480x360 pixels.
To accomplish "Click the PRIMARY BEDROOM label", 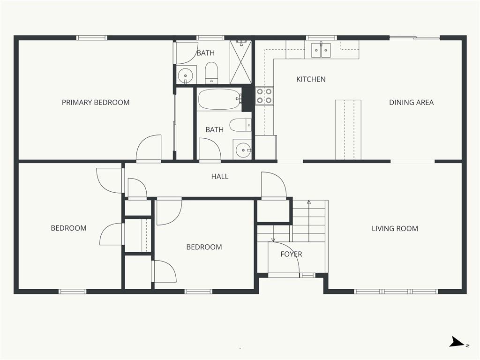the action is (x=96, y=102).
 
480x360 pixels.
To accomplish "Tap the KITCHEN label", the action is (x=311, y=79).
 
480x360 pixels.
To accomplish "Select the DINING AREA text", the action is (x=411, y=102).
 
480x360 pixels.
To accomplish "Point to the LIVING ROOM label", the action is (x=395, y=228).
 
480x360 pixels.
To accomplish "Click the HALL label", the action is (x=220, y=176).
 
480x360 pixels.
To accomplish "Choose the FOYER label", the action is (x=291, y=254).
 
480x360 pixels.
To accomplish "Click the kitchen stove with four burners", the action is (x=264, y=96).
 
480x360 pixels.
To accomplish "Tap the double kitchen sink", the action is (x=321, y=50).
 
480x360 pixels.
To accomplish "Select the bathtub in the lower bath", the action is (x=219, y=99).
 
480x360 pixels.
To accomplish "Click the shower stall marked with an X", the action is (x=240, y=62).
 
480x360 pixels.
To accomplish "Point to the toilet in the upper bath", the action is (x=211, y=73).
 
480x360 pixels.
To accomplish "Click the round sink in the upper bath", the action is (x=185, y=75).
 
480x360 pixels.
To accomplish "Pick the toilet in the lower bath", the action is (x=240, y=125).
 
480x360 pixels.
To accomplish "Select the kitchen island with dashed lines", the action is (x=348, y=130).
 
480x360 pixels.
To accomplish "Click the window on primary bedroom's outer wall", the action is (x=91, y=38).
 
